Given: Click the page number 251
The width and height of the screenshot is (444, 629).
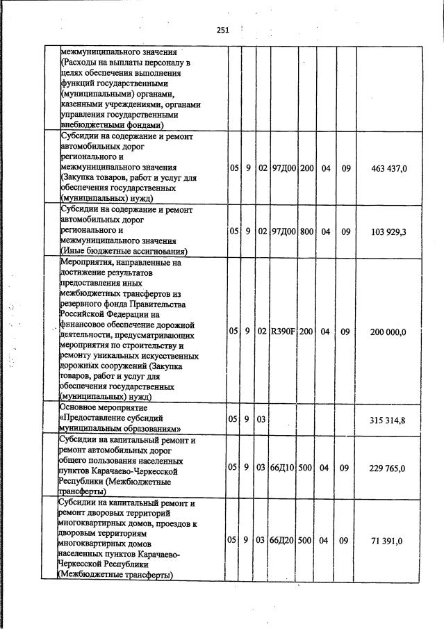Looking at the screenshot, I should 222,30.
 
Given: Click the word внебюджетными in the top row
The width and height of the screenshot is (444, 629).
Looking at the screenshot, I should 92,125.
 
